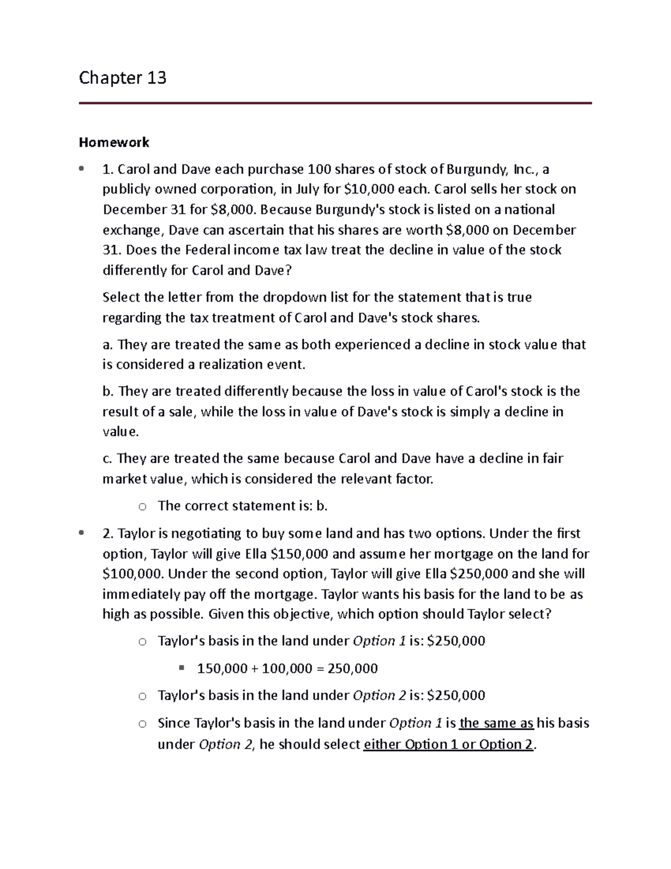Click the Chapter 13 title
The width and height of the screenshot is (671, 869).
(122, 77)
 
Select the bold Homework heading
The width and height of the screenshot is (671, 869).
(114, 142)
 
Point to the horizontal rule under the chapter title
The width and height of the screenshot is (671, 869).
(335, 103)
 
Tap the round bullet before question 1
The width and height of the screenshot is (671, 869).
(82, 168)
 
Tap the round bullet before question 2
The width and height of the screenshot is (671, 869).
(82, 533)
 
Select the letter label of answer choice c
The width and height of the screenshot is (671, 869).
(107, 459)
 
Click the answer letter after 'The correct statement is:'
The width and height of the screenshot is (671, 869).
(321, 506)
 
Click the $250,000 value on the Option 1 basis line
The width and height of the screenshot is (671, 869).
(456, 641)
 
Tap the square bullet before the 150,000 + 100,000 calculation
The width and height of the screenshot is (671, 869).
(181, 668)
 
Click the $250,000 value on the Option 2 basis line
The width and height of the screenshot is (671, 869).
(456, 696)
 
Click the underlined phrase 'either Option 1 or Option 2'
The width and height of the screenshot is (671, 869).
(448, 744)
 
